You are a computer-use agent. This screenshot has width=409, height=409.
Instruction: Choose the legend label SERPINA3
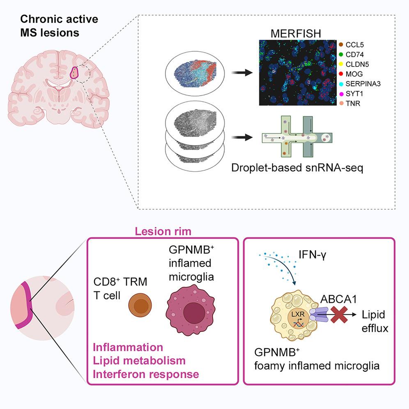363,84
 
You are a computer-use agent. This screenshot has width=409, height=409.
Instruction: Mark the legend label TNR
353,104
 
